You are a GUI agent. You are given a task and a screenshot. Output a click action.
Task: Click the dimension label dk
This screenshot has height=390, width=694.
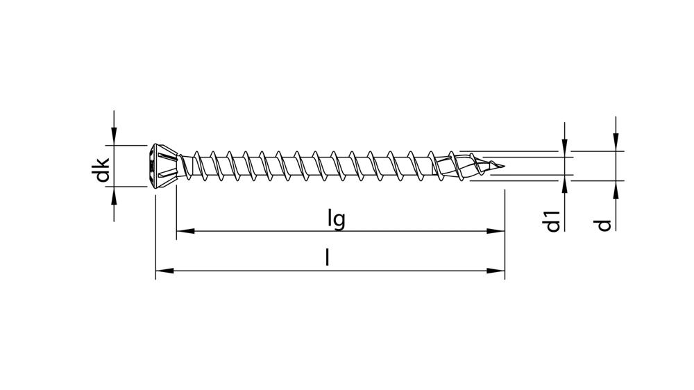103,170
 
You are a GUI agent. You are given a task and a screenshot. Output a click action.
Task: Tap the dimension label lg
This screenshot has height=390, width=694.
337,219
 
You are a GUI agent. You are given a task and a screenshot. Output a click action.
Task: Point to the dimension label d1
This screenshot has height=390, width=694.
553,224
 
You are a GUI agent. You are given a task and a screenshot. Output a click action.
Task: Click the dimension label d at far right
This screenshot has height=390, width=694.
604,224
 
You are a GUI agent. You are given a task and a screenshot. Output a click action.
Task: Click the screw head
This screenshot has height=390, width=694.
164,166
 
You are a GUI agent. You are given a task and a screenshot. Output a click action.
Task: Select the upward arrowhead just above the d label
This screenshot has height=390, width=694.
615,188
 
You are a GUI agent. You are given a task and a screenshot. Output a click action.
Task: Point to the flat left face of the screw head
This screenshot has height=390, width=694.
151,166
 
